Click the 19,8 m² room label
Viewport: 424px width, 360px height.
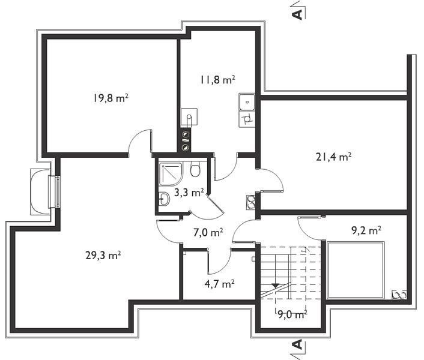pos(111,98)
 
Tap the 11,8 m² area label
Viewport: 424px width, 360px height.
pos(217,80)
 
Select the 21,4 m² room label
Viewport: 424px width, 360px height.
pos(334,157)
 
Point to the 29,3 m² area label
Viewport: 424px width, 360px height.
pos(103,255)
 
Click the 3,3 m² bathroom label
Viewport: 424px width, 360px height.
pos(189,193)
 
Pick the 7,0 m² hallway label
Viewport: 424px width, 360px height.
pos(208,232)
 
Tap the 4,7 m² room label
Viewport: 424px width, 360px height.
pos(219,284)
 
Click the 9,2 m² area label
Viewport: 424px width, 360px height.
pos(366,230)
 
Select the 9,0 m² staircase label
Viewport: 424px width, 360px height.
pos(292,314)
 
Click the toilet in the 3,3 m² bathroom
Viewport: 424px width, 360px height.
pos(195,169)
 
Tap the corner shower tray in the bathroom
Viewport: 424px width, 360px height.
pos(171,173)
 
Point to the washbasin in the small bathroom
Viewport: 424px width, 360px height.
pos(163,199)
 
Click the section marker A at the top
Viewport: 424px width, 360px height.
pos(298,14)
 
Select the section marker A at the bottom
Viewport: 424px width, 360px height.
pos(297,344)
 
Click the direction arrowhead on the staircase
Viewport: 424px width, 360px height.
pos(275,285)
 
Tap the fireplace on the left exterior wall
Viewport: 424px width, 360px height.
pos(44,192)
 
